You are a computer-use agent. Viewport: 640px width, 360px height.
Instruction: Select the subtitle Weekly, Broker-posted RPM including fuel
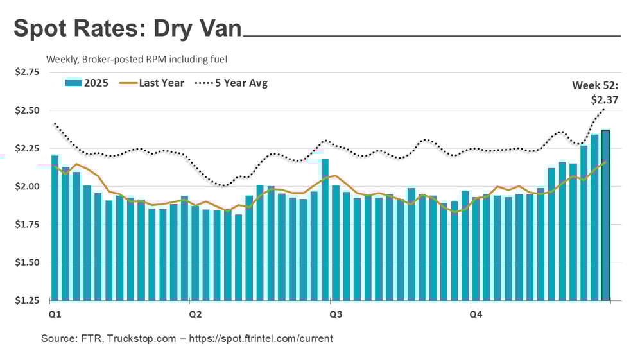(x=137, y=59)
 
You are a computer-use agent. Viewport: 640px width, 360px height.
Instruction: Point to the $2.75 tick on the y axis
(x=27, y=72)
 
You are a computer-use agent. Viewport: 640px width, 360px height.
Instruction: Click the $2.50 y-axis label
(x=27, y=110)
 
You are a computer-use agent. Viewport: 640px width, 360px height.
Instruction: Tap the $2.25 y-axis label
(x=27, y=148)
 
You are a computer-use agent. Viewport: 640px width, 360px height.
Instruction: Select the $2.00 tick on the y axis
(x=27, y=187)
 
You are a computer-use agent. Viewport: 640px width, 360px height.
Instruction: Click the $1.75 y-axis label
(x=27, y=225)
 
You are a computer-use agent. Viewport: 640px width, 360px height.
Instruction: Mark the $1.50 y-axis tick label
(x=27, y=262)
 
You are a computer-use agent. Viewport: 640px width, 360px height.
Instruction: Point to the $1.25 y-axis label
(x=27, y=300)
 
